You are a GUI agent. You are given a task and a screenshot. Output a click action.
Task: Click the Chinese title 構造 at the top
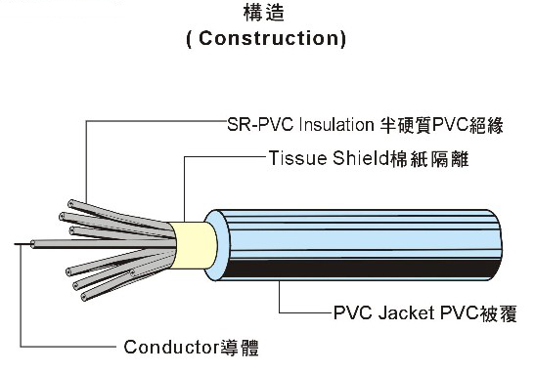(x=265, y=15)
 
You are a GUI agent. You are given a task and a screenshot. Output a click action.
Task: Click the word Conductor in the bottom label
(x=168, y=347)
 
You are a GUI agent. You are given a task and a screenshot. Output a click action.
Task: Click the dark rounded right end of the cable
(x=501, y=244)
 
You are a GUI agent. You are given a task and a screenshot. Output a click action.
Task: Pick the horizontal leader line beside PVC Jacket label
(x=303, y=314)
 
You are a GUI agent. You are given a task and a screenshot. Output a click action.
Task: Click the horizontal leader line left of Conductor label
(x=68, y=347)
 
